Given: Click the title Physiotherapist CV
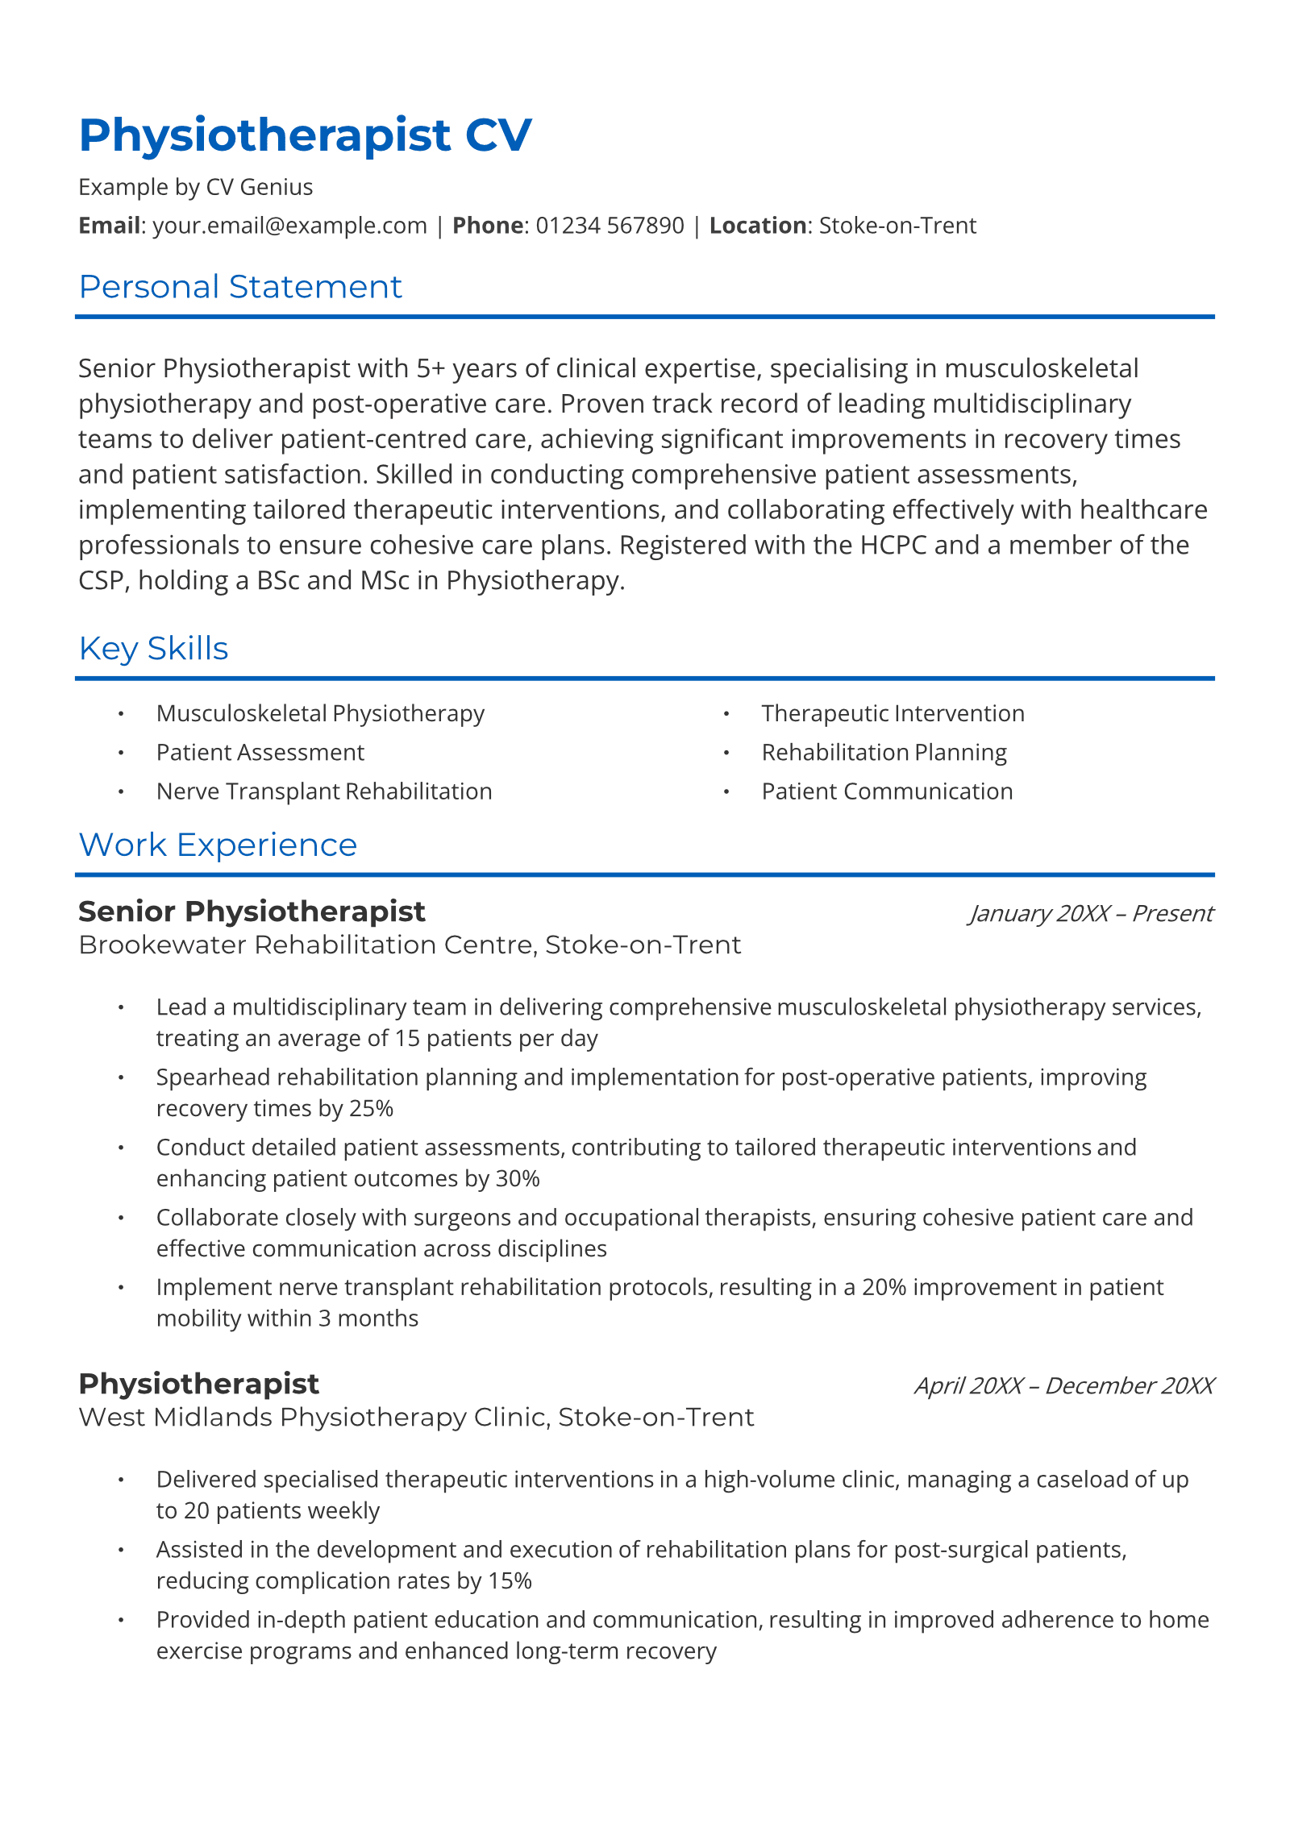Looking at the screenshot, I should click(x=305, y=135).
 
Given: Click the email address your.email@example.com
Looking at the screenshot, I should click(x=289, y=226).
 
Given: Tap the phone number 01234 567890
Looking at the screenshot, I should click(x=610, y=226).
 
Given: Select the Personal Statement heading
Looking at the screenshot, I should click(x=240, y=287).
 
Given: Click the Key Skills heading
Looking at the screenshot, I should click(x=153, y=649).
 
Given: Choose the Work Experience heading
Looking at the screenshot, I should click(x=218, y=845).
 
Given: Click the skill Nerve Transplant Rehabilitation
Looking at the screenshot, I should click(x=324, y=791).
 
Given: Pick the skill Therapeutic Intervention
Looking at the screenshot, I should click(x=893, y=713).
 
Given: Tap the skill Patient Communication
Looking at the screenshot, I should click(x=887, y=791).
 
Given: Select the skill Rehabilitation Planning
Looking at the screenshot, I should click(x=884, y=753).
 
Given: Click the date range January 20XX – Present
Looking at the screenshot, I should click(x=1091, y=914).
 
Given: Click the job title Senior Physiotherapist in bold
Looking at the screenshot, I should click(x=252, y=911).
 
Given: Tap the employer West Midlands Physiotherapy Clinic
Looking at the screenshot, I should click(x=314, y=1417).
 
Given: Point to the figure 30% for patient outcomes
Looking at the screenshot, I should click(x=518, y=1179).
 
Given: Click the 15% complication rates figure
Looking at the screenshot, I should click(x=510, y=1581).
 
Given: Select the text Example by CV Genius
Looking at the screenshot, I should click(x=196, y=187).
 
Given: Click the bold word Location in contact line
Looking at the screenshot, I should click(x=757, y=226).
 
